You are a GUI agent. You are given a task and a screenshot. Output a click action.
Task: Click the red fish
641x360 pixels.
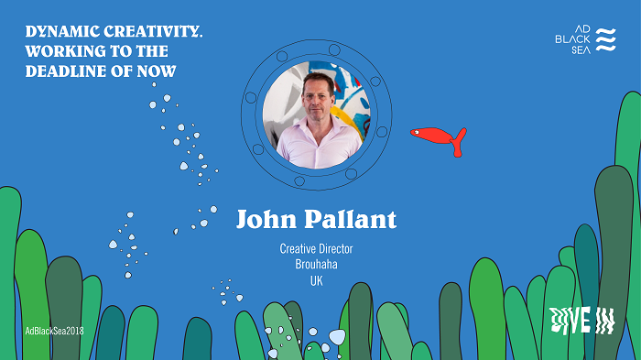click(435, 137)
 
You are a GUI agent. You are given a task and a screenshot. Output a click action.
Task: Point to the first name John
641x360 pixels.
click(268, 220)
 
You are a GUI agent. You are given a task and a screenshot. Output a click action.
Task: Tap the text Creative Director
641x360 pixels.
click(317, 248)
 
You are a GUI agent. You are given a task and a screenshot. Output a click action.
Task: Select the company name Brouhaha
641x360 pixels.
click(317, 264)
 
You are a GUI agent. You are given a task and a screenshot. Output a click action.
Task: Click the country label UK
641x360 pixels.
click(317, 279)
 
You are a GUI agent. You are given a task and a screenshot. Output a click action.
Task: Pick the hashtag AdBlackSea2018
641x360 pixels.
click(53, 330)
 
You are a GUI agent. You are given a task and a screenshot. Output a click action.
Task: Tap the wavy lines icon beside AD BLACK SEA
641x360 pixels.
click(606, 40)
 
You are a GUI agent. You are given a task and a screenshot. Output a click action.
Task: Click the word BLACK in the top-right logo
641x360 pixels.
click(573, 39)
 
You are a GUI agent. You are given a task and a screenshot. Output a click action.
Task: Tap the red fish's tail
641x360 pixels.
click(458, 139)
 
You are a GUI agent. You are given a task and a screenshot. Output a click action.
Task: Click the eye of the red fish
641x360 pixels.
click(417, 134)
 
